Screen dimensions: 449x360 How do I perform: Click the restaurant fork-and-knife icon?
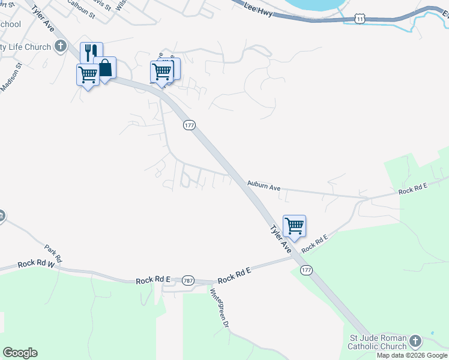click(91, 52)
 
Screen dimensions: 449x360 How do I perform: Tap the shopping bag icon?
click(105, 68)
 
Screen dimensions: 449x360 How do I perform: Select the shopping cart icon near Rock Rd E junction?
click(294, 226)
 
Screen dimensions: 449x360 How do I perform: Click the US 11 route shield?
click(359, 19)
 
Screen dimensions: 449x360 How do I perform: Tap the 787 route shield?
click(188, 280)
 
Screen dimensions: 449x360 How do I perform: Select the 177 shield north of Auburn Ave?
click(189, 125)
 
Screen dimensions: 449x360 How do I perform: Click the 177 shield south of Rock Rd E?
click(307, 270)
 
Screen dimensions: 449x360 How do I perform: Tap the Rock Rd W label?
click(36, 263)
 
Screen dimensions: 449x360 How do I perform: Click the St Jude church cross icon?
click(415, 341)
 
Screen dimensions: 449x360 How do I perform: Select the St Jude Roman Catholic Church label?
click(378, 342)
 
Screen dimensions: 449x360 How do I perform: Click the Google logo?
click(20, 353)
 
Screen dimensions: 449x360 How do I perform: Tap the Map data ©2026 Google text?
click(412, 355)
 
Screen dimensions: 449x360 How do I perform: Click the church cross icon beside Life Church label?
click(61, 47)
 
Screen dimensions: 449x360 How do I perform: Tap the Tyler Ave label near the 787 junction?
click(280, 238)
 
